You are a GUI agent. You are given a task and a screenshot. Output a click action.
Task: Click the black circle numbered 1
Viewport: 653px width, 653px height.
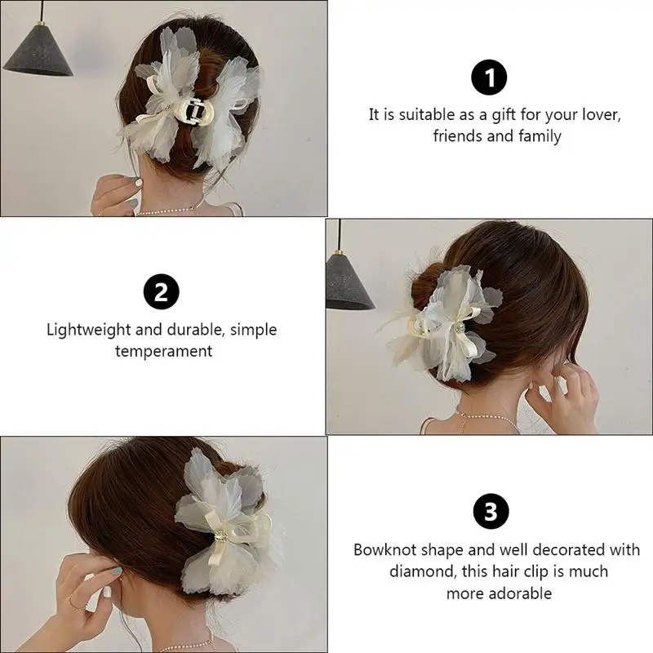[x=490, y=78]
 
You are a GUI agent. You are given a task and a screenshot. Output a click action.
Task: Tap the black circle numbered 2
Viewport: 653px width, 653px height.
[x=162, y=293]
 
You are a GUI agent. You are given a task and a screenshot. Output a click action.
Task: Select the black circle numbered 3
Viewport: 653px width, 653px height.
[x=491, y=513]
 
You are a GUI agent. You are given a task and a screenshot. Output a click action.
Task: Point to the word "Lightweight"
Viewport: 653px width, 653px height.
[x=87, y=331]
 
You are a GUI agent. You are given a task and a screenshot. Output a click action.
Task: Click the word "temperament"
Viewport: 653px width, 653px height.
[x=163, y=352]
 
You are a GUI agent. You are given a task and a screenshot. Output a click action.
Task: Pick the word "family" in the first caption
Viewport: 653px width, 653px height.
[x=537, y=136]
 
